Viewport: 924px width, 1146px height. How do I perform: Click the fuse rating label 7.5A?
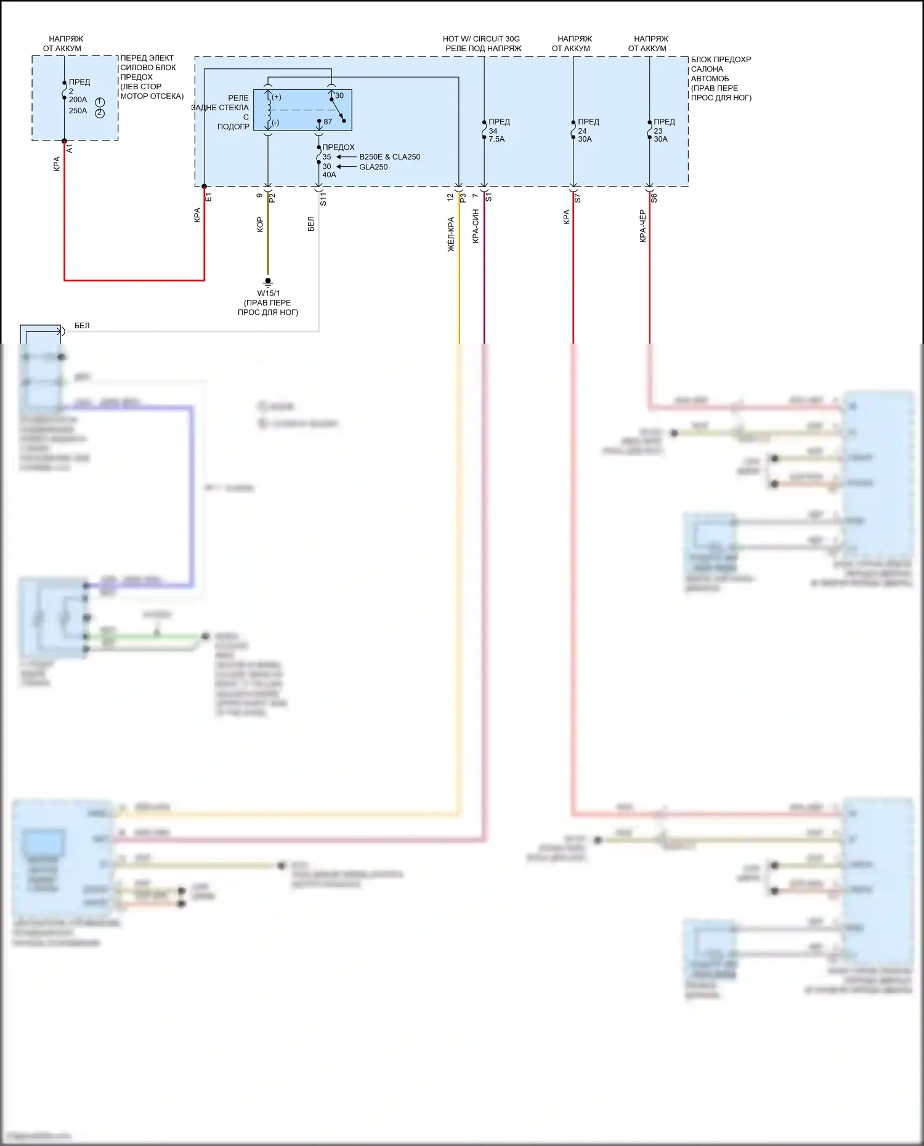(496, 139)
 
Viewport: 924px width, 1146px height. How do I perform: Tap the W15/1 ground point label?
(268, 293)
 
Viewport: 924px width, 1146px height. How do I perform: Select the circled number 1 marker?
(100, 102)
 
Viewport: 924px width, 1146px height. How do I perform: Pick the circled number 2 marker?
(100, 113)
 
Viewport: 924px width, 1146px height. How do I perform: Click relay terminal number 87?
(328, 122)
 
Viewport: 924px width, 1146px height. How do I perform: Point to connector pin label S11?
(323, 198)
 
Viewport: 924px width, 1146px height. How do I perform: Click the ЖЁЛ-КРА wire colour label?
(451, 234)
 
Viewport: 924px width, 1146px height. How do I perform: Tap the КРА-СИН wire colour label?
(476, 226)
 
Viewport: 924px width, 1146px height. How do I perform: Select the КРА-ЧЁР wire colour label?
(642, 226)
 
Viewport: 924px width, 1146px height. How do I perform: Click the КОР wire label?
(260, 224)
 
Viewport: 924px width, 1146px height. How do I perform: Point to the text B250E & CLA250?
(389, 157)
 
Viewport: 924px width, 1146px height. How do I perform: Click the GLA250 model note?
(373, 167)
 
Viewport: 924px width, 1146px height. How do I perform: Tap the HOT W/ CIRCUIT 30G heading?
(481, 39)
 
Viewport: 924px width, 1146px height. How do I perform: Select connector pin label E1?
(208, 197)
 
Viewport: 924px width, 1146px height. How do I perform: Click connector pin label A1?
(70, 149)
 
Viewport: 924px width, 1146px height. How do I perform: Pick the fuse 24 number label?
(582, 131)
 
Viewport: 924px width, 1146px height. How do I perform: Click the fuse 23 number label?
(658, 131)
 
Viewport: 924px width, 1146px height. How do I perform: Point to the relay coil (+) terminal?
(277, 97)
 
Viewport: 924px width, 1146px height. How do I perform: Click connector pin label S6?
(654, 198)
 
